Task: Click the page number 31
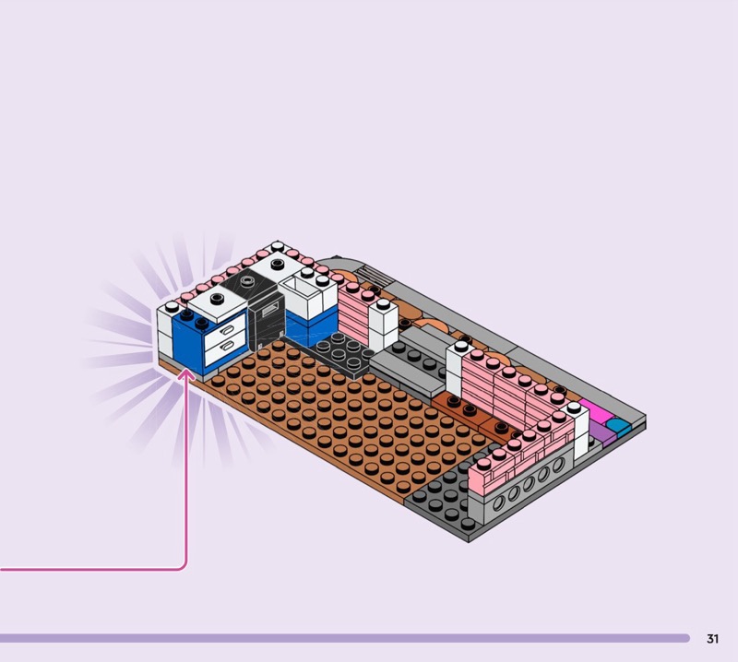tap(712, 638)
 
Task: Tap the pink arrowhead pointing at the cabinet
tap(187, 374)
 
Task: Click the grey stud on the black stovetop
tap(247, 281)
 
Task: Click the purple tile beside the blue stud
tap(602, 432)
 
